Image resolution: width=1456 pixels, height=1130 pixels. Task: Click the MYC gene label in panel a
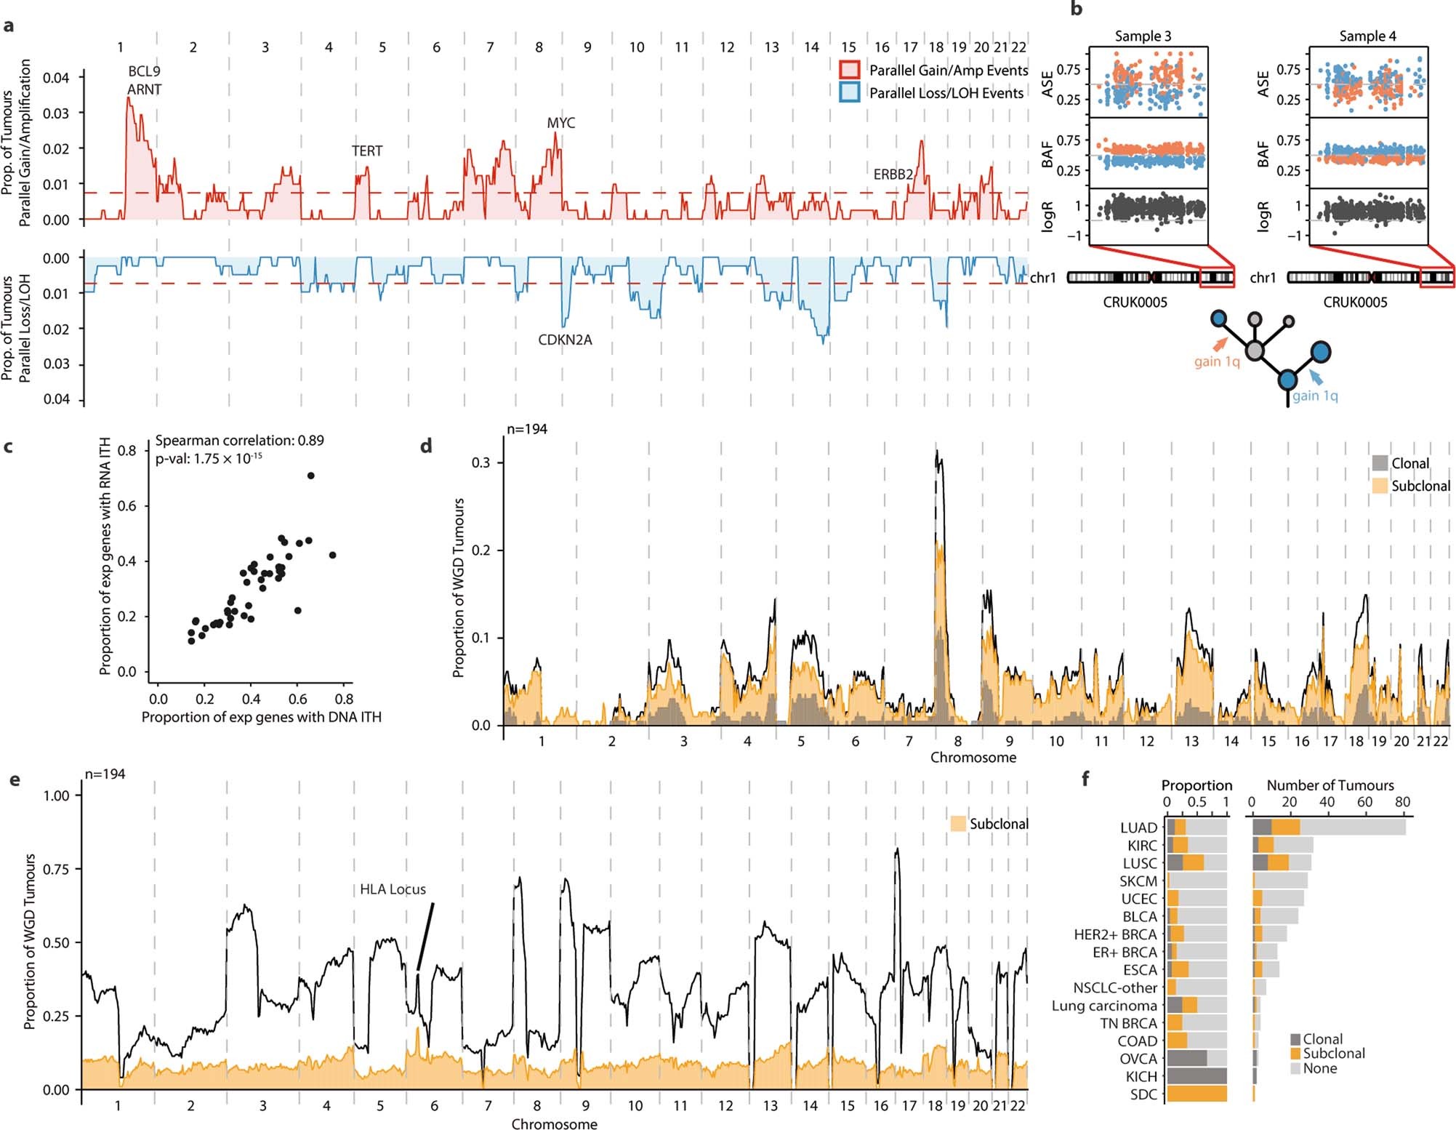[x=560, y=123]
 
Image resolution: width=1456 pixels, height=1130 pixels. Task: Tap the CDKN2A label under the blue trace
[x=565, y=340]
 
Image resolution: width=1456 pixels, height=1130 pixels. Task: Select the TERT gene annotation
[x=366, y=151]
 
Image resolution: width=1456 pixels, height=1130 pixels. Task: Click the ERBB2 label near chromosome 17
[x=893, y=175]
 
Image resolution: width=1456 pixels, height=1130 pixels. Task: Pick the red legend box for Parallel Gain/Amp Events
[x=850, y=71]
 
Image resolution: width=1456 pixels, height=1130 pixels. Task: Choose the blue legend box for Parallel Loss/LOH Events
[x=850, y=93]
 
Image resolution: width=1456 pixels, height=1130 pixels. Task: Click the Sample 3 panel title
[x=1143, y=36]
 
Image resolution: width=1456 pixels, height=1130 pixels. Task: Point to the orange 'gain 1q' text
[x=1217, y=361]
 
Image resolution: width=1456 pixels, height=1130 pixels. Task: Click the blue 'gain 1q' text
[x=1315, y=396]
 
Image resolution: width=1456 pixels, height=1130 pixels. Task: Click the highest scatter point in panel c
[x=310, y=476]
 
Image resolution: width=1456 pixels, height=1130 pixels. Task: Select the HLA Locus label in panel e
[x=393, y=889]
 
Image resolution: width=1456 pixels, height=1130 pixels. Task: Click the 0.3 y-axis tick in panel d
[x=482, y=462]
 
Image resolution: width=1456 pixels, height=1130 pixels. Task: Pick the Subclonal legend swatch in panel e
[x=959, y=824]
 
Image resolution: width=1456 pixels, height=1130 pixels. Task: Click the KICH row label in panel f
[x=1141, y=1077]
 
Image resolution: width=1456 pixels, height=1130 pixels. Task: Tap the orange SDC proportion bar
[x=1196, y=1094]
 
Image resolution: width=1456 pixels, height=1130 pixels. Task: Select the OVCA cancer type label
[x=1138, y=1059]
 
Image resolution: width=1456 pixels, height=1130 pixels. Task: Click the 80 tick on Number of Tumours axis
[x=1402, y=802]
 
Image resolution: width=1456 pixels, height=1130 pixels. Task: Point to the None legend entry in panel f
[x=1319, y=1068]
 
